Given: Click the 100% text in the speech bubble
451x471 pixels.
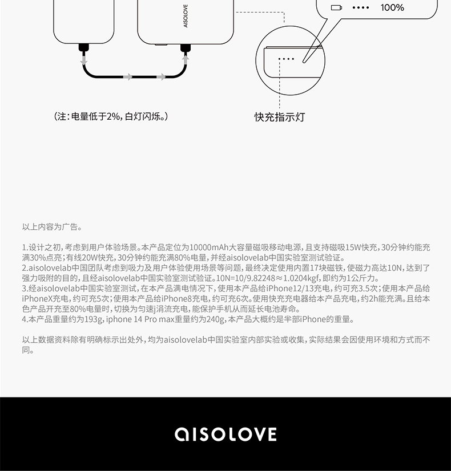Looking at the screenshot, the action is (x=392, y=7).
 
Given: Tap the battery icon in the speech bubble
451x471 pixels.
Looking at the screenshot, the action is (x=336, y=7).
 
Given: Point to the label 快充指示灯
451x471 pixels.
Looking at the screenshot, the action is (x=280, y=117).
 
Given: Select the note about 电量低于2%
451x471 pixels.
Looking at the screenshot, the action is (x=111, y=116).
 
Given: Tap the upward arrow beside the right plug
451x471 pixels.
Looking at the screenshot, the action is (x=184, y=57).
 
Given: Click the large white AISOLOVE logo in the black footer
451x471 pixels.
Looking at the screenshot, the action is (x=226, y=434).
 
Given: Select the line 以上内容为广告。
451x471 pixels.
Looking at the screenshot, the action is (x=52, y=226).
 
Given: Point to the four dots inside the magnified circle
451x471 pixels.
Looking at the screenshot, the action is (x=286, y=59).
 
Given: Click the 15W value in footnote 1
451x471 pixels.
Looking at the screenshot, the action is (x=355, y=247).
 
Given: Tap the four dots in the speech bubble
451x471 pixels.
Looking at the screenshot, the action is (x=361, y=7).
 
